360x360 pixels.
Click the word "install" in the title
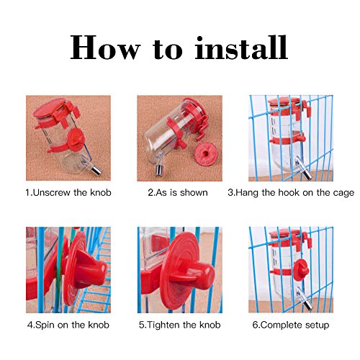[x=241, y=48]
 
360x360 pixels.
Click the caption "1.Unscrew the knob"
[x=68, y=192]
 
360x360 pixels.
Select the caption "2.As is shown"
[x=178, y=192]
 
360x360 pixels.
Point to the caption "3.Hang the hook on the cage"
[x=291, y=193]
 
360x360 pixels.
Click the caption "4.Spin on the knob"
[x=68, y=325]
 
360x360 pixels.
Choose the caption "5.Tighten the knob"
[x=179, y=325]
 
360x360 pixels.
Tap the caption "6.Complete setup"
[x=291, y=325]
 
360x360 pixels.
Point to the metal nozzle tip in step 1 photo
[x=96, y=170]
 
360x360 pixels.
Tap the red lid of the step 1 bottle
[x=50, y=108]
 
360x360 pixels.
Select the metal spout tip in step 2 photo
[x=158, y=170]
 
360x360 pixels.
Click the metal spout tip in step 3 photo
[x=307, y=174]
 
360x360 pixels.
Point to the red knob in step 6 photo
[x=300, y=269]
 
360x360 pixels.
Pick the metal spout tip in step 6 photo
[x=308, y=305]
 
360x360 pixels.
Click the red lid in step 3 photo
[x=285, y=102]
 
